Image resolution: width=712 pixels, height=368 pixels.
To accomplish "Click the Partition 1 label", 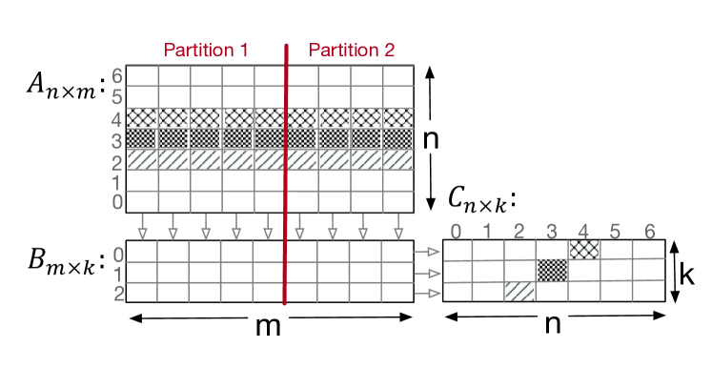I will (x=206, y=50).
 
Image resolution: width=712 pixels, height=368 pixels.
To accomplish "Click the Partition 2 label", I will (x=351, y=50).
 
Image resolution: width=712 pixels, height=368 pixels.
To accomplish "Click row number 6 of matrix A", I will (x=117, y=75).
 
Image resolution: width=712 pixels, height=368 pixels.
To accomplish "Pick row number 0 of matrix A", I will (x=117, y=201).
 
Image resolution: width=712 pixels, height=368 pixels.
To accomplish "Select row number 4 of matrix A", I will (x=117, y=118).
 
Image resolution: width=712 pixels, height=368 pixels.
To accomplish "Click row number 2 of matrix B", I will (x=117, y=293).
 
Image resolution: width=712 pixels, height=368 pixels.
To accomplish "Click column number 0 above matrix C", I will (x=457, y=230).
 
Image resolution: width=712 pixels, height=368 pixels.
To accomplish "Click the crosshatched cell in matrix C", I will (x=583, y=249).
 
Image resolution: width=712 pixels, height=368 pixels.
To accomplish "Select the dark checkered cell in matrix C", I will (x=552, y=270).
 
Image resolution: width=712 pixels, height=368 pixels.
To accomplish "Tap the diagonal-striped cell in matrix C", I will (x=519, y=292).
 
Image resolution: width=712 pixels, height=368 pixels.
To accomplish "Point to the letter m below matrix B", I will (x=270, y=327).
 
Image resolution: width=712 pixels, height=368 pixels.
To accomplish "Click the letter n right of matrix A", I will (x=431, y=139).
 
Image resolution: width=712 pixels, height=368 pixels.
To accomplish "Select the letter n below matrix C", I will (x=552, y=326).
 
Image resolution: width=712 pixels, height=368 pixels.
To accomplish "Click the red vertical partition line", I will (x=285, y=172).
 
